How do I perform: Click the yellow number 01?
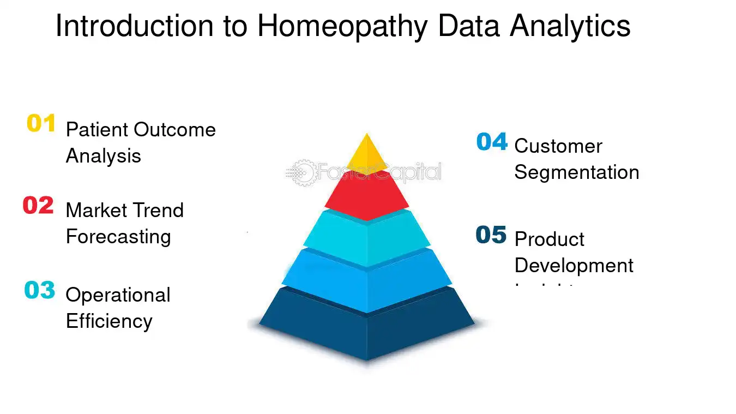click(41, 124)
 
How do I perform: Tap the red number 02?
click(38, 206)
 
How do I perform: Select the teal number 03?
click(40, 290)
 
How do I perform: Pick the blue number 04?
click(492, 142)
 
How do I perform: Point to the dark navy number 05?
click(491, 235)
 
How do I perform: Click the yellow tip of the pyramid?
click(366, 151)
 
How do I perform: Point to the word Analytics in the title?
click(570, 26)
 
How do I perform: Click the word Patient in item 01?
click(97, 130)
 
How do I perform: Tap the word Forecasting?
click(118, 237)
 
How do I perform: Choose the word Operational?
click(118, 295)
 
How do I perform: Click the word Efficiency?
click(109, 321)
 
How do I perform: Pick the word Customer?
click(558, 146)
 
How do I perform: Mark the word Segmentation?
click(577, 172)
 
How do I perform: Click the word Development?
click(574, 266)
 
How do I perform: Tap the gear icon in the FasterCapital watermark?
click(303, 172)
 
